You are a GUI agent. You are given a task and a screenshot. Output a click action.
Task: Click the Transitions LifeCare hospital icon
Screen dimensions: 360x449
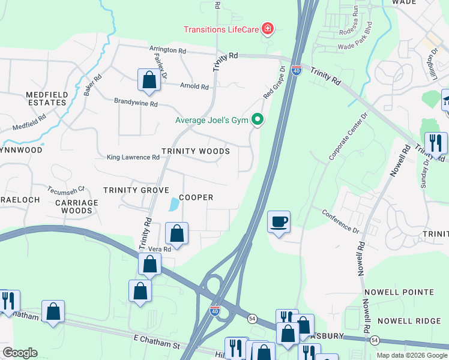[x=268, y=29]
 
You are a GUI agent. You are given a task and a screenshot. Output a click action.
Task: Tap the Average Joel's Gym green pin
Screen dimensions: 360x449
[x=258, y=120]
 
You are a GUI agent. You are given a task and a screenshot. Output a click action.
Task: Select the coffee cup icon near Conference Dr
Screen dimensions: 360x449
[x=279, y=221]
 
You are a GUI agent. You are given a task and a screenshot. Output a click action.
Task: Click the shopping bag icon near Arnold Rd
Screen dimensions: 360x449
[x=149, y=80]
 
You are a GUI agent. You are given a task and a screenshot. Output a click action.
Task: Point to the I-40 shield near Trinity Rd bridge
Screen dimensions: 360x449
[x=297, y=70]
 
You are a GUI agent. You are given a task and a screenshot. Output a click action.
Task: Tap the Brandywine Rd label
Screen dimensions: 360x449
[x=136, y=103]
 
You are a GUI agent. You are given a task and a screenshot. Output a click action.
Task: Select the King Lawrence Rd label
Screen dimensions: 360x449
[x=133, y=158]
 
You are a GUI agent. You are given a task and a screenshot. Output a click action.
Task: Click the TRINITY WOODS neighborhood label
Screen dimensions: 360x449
[x=196, y=151]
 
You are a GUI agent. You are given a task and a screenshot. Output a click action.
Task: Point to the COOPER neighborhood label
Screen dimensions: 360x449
[x=196, y=197]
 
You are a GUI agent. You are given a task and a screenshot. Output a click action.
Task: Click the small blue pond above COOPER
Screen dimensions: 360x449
[x=174, y=205]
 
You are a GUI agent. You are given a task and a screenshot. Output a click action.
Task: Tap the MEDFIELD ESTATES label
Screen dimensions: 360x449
[x=46, y=98]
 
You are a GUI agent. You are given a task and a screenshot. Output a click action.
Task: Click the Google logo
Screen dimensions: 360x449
[x=20, y=353]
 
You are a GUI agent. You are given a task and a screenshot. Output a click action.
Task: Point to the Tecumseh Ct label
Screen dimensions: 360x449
[x=66, y=190]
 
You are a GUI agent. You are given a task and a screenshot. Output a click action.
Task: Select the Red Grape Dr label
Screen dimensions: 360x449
[x=273, y=86]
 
